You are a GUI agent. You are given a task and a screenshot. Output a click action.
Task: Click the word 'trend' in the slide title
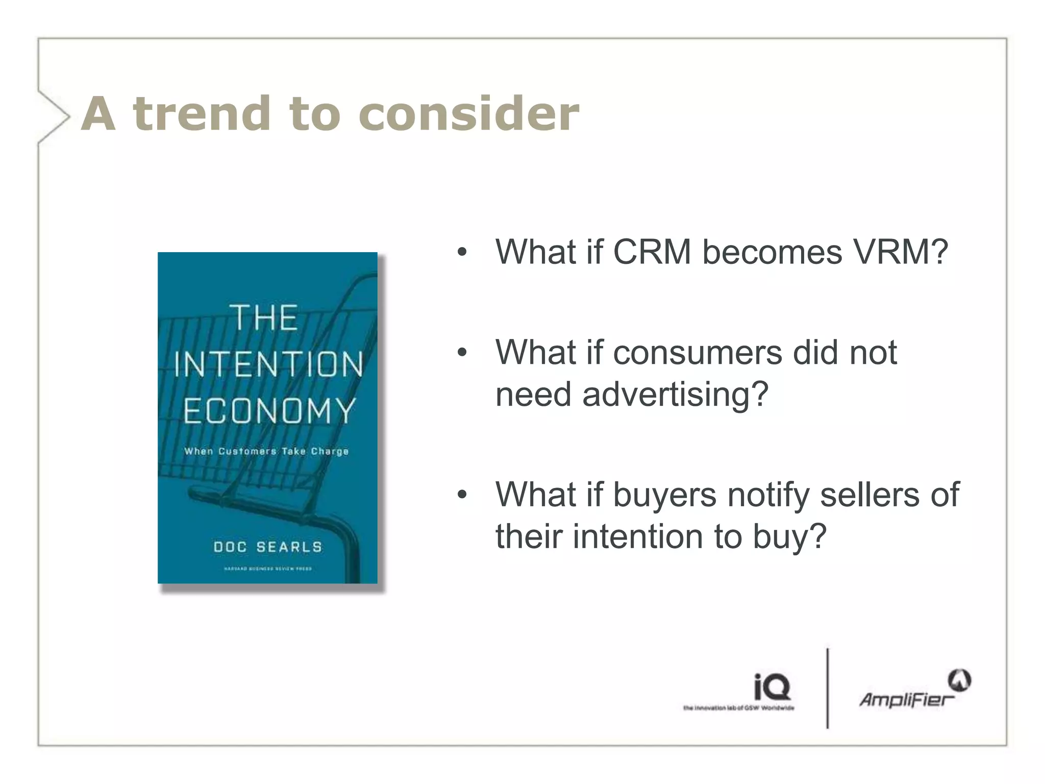pyautogui.click(x=202, y=113)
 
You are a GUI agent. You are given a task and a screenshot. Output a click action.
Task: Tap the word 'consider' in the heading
pyautogui.click(x=469, y=113)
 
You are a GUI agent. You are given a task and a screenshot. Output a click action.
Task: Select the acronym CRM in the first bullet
pyautogui.click(x=652, y=252)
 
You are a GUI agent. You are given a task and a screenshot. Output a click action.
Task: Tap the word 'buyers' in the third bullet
pyautogui.click(x=664, y=495)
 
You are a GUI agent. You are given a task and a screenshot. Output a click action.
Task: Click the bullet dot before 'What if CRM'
pyautogui.click(x=462, y=252)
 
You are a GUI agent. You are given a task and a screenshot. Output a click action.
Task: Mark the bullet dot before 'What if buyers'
pyautogui.click(x=462, y=495)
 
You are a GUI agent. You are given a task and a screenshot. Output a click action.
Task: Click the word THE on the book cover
pyautogui.click(x=265, y=317)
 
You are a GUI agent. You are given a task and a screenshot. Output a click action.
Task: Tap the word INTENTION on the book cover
pyautogui.click(x=268, y=364)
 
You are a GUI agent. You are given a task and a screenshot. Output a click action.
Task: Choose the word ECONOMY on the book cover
pyautogui.click(x=269, y=411)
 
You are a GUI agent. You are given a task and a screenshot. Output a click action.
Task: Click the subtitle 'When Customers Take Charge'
pyautogui.click(x=266, y=451)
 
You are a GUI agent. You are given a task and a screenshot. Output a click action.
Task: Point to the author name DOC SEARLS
pyautogui.click(x=268, y=547)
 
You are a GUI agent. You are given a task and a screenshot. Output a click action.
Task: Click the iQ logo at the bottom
pyautogui.click(x=772, y=687)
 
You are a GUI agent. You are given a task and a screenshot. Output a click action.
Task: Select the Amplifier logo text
pyautogui.click(x=906, y=699)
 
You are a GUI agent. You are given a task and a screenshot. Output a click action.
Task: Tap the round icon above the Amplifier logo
pyautogui.click(x=959, y=681)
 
